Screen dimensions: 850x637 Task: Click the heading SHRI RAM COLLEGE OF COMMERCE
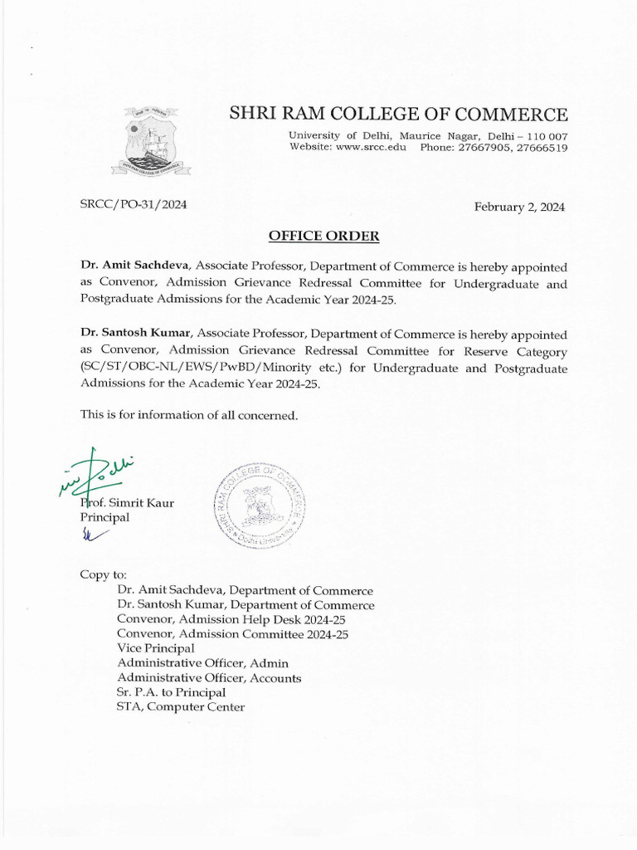[398, 115]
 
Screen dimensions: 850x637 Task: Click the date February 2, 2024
[519, 208]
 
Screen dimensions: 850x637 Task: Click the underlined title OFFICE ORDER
[324, 237]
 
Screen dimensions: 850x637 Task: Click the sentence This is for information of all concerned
[188, 415]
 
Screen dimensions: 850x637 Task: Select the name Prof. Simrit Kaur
[127, 503]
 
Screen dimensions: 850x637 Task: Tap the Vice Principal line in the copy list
[156, 647]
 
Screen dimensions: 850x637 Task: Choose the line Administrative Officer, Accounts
[209, 678]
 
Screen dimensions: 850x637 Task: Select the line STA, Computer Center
[181, 707]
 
